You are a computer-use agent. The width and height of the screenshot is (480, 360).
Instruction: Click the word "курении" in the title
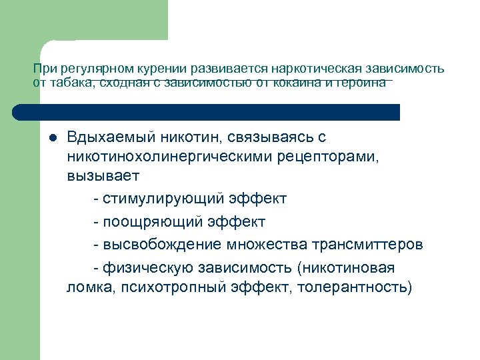pos(163,69)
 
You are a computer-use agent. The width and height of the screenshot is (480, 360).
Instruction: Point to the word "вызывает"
pos(103,177)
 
